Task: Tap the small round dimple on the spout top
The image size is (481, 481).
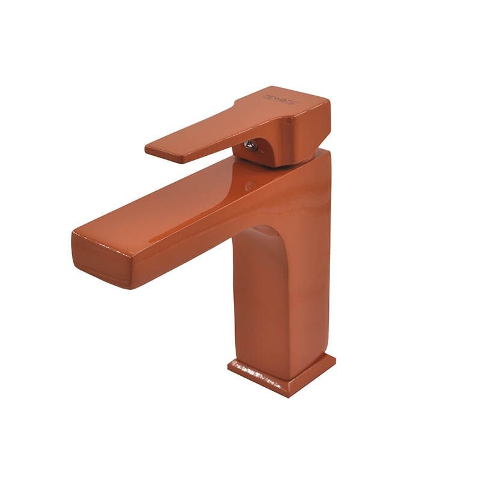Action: pyautogui.click(x=249, y=186)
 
